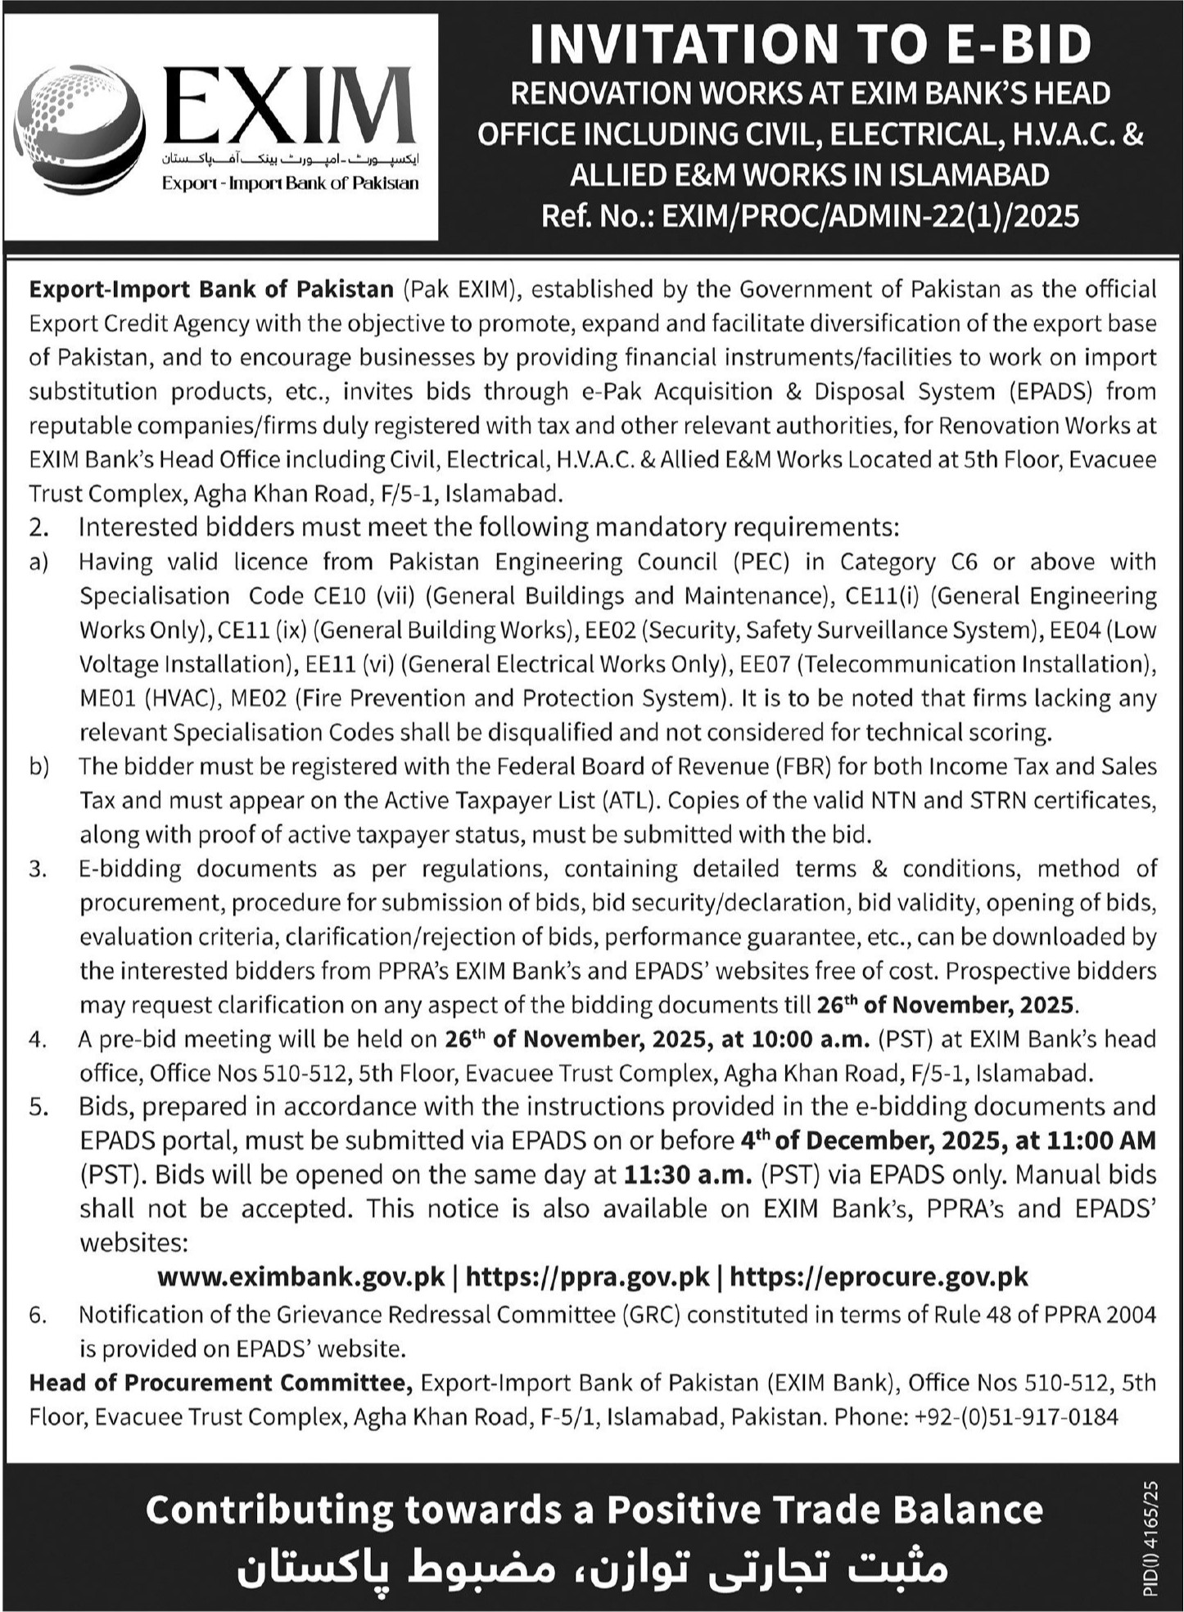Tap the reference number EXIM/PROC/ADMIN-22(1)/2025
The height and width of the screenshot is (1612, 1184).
[x=870, y=215]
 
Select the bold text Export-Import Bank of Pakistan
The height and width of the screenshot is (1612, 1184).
[x=211, y=289]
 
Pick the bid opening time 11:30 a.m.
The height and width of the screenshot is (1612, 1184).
[x=688, y=1175]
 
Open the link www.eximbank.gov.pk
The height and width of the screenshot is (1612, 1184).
[x=301, y=1276]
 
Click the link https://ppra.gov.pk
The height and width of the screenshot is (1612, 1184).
[x=587, y=1276]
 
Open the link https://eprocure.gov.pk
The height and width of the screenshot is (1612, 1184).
[x=879, y=1276]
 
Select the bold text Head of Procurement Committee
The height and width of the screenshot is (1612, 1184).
[x=221, y=1383]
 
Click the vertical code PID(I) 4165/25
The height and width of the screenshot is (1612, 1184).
[x=1153, y=1539]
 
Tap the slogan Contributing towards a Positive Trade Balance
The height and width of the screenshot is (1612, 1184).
[x=594, y=1509]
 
